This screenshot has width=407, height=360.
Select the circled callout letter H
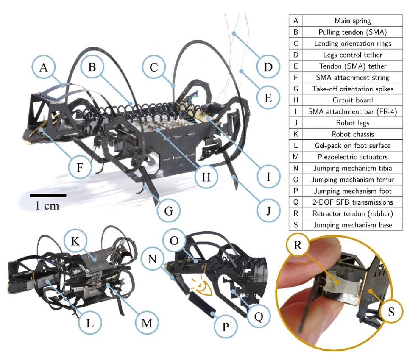point(206,177)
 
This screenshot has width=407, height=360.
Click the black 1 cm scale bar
point(47,195)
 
